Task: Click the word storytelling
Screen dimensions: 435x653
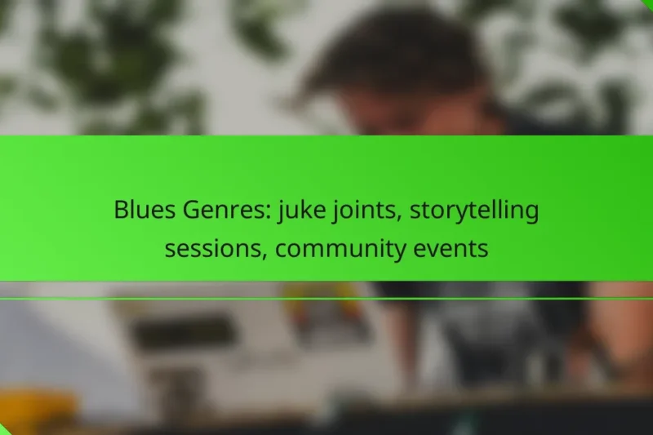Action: tap(474, 211)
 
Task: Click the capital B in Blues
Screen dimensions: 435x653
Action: tap(119, 211)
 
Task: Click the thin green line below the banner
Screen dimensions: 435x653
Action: tap(326, 299)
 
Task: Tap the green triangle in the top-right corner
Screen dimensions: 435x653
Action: tap(647, 4)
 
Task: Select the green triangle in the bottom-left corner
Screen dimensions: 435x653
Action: tap(5, 429)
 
